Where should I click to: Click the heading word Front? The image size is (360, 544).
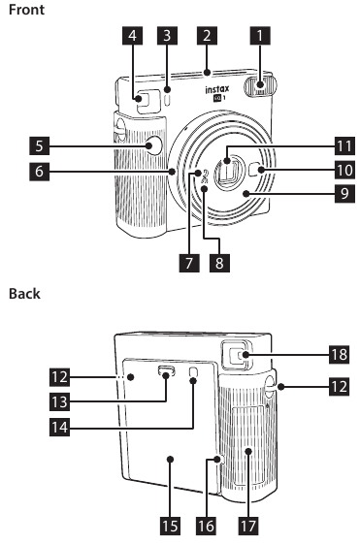tap(26, 10)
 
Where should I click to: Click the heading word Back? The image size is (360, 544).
tap(24, 294)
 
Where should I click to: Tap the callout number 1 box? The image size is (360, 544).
tap(260, 36)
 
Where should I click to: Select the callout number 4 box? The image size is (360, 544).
tap(132, 36)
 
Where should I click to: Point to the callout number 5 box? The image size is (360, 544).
tap(39, 145)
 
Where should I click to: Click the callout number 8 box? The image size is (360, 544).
tap(219, 262)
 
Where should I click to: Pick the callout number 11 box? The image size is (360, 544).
tap(344, 145)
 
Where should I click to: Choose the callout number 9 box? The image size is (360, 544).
tap(344, 193)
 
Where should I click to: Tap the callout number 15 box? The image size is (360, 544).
tap(170, 526)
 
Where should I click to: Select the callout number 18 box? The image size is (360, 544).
tap(340, 354)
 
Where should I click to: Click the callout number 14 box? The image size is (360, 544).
tap(60, 427)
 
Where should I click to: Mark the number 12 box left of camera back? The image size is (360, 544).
tap(60, 377)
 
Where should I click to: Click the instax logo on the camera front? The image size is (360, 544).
tap(217, 93)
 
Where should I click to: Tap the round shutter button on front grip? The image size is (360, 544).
tap(153, 145)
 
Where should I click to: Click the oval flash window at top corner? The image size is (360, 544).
tap(260, 86)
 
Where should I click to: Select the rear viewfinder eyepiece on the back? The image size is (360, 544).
tap(238, 355)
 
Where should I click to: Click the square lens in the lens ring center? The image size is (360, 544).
tap(231, 172)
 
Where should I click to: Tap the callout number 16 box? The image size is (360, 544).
tap(207, 526)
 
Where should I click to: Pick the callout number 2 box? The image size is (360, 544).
tap(207, 36)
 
